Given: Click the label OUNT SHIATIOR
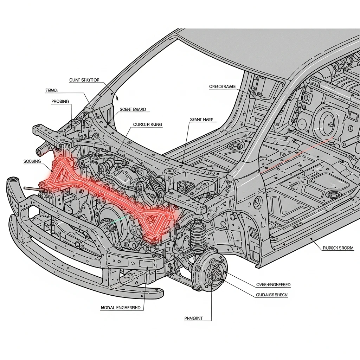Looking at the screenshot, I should coord(84,80).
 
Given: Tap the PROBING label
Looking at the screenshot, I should coord(60,101).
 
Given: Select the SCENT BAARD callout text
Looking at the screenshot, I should coord(133,109).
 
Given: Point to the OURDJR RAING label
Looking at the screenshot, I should coord(148,124).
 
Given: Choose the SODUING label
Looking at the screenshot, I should coord(32,161).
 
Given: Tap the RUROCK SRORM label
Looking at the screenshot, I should coord(338,248).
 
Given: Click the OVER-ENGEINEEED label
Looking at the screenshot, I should coord(274,285).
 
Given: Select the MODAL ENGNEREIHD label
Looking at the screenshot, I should coord(121,308).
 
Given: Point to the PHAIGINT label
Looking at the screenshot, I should coord(194,319).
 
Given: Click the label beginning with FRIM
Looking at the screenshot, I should coord(51,90).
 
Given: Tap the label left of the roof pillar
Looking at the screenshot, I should coord(222,86).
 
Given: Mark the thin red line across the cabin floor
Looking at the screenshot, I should coord(299,155).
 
